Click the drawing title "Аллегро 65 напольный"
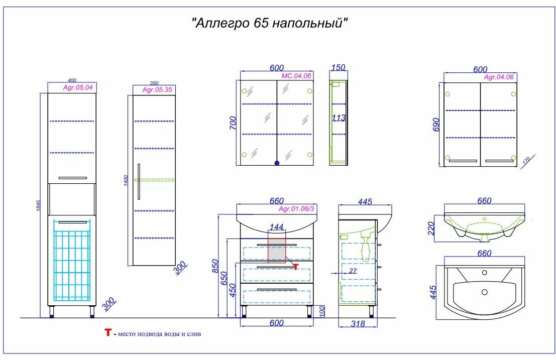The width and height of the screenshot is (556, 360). [270, 23]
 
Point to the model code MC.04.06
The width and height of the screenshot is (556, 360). [296, 75]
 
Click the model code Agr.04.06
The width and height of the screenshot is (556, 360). [499, 77]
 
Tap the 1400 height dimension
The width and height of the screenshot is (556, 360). [127, 181]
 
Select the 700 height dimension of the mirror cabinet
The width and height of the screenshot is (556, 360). [233, 123]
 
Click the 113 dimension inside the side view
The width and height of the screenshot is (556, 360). [339, 118]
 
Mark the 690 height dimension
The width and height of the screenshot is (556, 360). [436, 124]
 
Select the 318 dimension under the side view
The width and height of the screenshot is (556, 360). [357, 324]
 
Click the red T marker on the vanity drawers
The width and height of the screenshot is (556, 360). [295, 267]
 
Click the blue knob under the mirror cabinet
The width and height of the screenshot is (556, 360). [276, 163]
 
